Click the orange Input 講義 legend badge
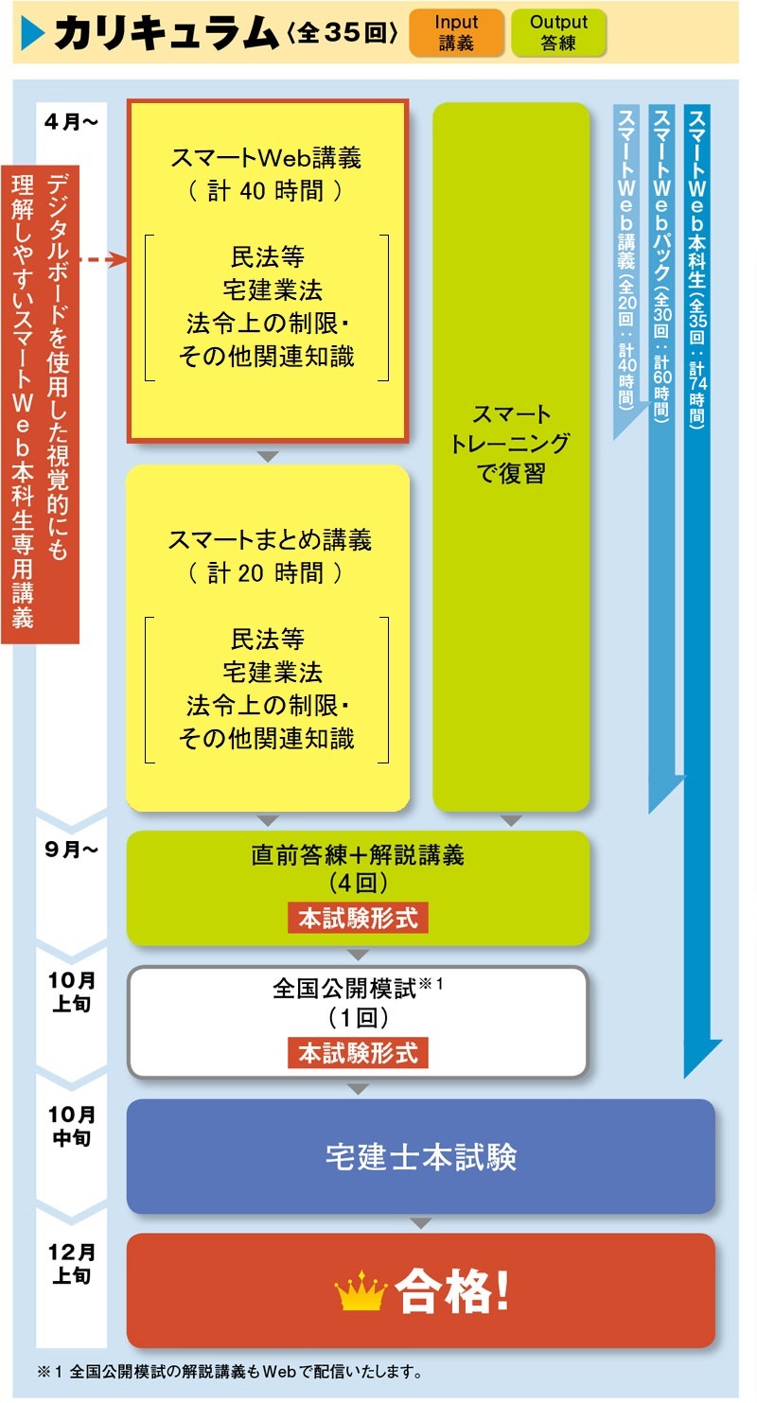[457, 33]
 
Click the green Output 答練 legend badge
[558, 33]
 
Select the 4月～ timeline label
[71, 121]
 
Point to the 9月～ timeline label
[71, 849]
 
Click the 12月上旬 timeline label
[71, 1263]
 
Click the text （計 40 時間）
[267, 190]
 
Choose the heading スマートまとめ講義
[269, 540]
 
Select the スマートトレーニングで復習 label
[511, 444]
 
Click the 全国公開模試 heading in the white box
[346, 990]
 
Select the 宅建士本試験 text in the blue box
[421, 1157]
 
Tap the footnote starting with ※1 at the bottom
[232, 1371]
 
